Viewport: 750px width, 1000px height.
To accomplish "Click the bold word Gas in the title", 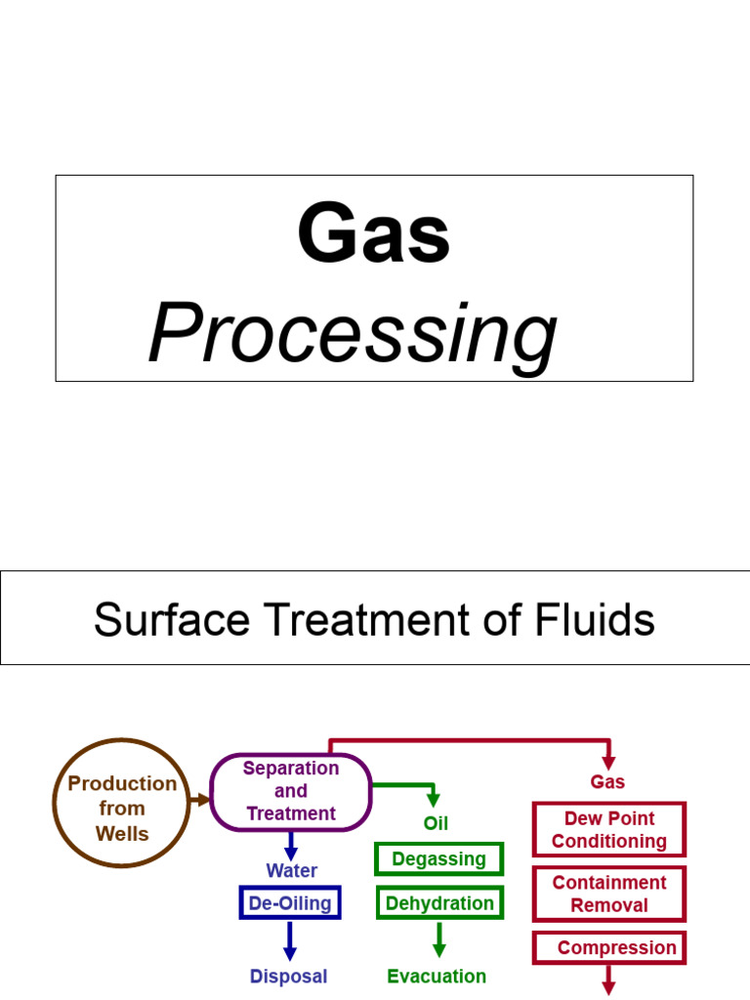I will (x=374, y=235).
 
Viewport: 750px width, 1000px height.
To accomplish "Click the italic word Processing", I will (x=353, y=334).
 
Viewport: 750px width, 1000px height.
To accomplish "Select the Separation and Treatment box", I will (x=291, y=792).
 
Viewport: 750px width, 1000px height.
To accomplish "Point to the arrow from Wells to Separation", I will (x=201, y=800).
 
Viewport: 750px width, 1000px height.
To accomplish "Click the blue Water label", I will (x=291, y=870).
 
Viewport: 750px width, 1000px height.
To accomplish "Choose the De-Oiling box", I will (x=290, y=903).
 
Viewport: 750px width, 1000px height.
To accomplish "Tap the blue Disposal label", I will (x=288, y=977).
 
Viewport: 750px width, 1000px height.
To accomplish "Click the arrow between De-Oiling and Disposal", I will (x=290, y=940).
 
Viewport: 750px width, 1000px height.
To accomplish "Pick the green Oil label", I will (x=436, y=823).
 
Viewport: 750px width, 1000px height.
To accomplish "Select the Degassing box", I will (x=438, y=859).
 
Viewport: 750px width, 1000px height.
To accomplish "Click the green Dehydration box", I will (x=439, y=903).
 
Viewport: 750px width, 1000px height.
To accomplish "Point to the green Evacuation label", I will (x=437, y=977).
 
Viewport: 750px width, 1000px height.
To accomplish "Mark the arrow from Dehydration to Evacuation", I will (x=438, y=939).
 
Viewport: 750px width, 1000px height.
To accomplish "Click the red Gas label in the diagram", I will (x=607, y=782).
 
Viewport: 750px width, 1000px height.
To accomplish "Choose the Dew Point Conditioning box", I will (x=609, y=830).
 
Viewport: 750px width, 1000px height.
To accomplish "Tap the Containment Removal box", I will (x=609, y=894).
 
